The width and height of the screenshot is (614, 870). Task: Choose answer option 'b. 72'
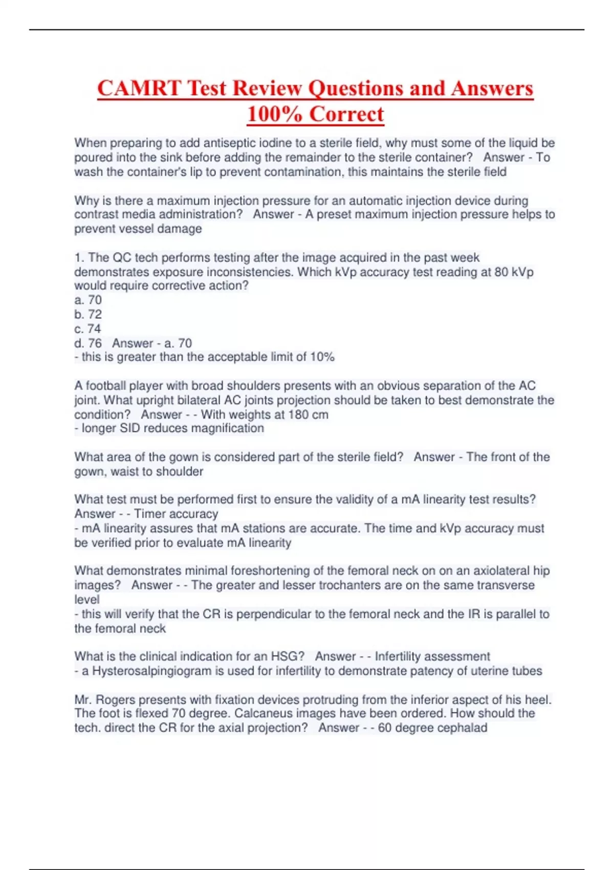pos(88,314)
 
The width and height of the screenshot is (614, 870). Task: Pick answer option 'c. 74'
pos(88,329)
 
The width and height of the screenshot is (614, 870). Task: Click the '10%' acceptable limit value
pos(322,357)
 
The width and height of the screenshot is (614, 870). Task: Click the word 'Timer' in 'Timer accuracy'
pos(149,514)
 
